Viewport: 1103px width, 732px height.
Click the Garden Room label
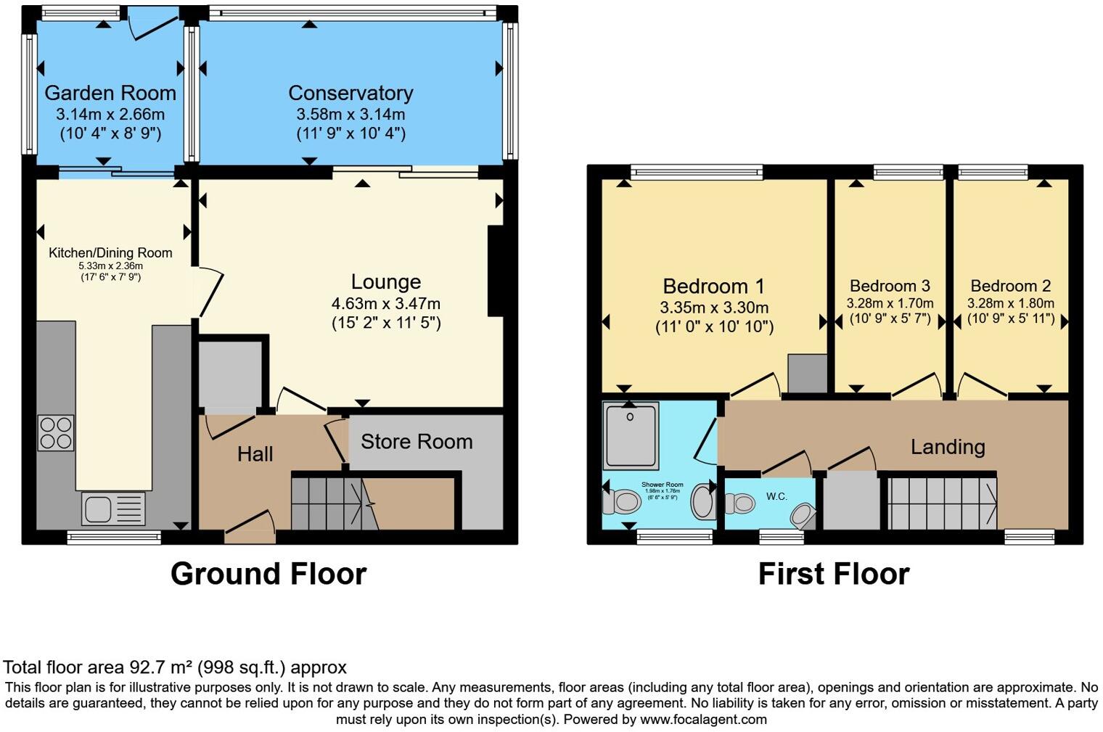(110, 93)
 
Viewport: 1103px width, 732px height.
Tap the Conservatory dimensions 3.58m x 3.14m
(350, 115)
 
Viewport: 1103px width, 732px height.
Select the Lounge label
(386, 282)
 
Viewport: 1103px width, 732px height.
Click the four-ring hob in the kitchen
(56, 432)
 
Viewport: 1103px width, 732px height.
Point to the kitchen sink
(113, 508)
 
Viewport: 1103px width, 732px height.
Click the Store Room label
(417, 442)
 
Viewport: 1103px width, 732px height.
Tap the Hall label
(255, 454)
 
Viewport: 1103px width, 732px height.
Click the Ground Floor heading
(268, 574)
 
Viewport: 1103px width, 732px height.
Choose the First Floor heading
(833, 574)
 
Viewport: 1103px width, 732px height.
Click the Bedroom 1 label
(714, 287)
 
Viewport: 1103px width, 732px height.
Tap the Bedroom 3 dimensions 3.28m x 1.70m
(890, 303)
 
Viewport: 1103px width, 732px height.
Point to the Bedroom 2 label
(1010, 286)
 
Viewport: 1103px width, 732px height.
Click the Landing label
(948, 447)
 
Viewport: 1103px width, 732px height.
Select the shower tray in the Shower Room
(631, 435)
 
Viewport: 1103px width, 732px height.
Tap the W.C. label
(776, 496)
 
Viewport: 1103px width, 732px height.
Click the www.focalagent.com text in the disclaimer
(703, 720)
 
